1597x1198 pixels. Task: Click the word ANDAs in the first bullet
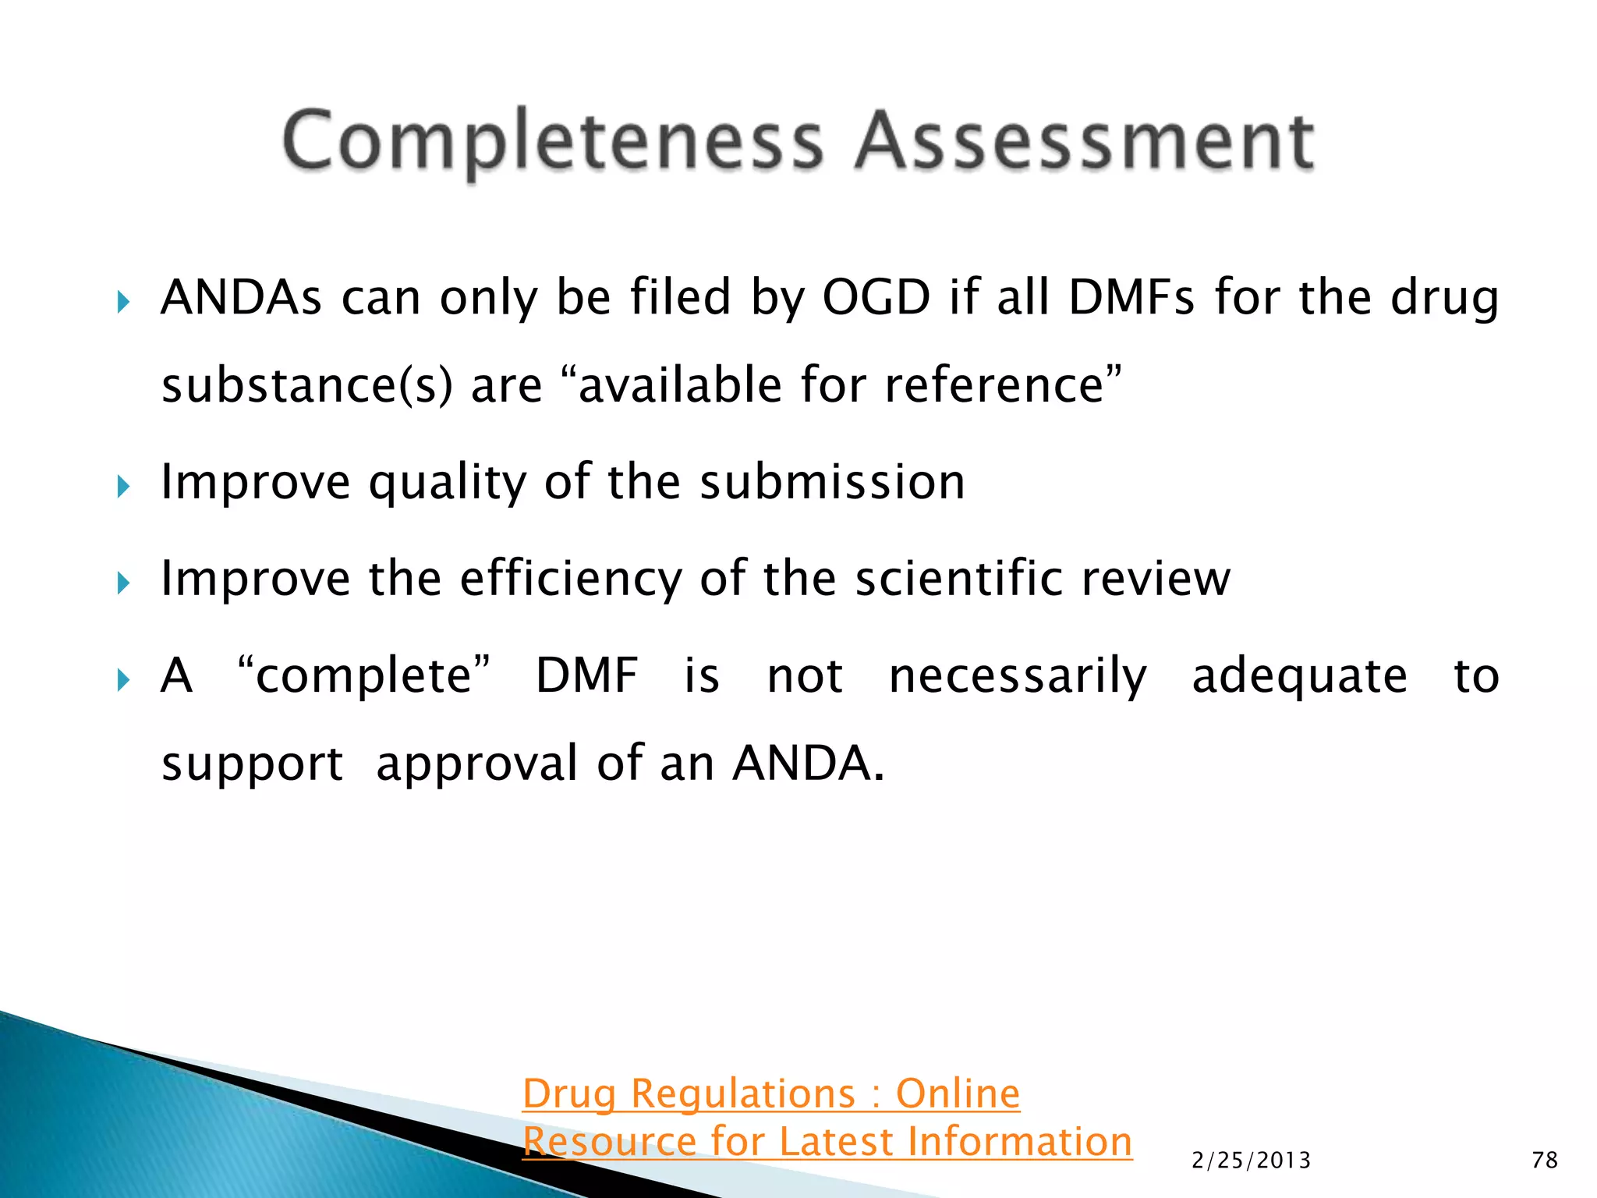(241, 298)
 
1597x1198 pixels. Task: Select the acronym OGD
(876, 298)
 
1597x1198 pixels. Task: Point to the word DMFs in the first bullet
(1131, 298)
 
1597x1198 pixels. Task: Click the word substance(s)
(306, 385)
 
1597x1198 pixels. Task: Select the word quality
(448, 483)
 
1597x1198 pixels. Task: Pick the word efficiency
(570, 580)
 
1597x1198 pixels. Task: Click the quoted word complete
(364, 675)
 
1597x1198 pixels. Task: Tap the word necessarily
(1018, 677)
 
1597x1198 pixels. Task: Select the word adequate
(1299, 677)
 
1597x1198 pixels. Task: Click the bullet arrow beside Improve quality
(123, 487)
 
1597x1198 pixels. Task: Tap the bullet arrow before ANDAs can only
(123, 303)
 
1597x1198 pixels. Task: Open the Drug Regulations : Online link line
(770, 1093)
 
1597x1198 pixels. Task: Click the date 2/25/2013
(1251, 1161)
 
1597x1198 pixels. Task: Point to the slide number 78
(1545, 1161)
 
